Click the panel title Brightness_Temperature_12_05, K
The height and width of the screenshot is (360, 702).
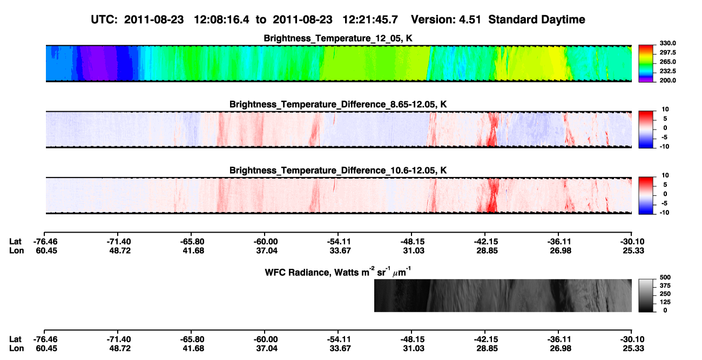tap(338, 38)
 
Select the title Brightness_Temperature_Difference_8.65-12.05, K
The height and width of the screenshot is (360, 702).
tap(338, 104)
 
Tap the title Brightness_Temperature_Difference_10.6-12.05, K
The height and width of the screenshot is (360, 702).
tap(338, 171)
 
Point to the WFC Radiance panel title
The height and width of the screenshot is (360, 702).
tap(337, 272)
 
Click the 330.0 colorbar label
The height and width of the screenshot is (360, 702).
tap(667, 43)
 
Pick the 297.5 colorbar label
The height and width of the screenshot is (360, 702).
tap(667, 52)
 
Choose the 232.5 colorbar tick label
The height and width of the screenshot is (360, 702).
tap(667, 71)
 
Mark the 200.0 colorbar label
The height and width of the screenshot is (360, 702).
tap(667, 80)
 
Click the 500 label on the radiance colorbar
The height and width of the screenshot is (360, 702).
tap(665, 277)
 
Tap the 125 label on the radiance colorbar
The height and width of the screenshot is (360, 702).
tap(665, 302)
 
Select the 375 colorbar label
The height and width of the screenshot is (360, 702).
tap(665, 286)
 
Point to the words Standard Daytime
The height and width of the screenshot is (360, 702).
tap(537, 20)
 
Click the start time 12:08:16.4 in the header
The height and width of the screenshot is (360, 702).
tap(221, 20)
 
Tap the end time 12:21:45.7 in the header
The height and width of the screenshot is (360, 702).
tap(370, 20)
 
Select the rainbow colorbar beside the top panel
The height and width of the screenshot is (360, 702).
tap(646, 64)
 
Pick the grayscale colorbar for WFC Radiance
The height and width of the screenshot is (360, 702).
tap(646, 295)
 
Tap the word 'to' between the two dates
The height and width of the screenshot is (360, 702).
tap(261, 20)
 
